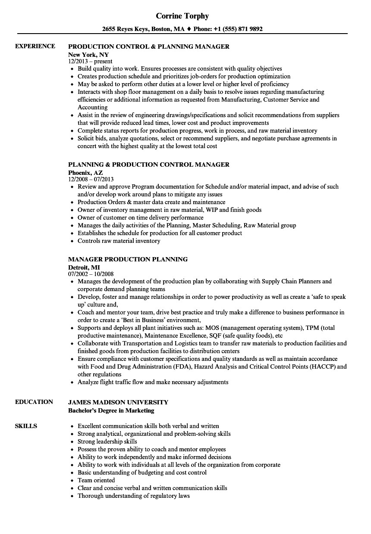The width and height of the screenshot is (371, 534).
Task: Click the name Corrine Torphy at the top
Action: click(x=182, y=16)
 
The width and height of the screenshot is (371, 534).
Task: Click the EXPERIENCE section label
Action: click(x=35, y=46)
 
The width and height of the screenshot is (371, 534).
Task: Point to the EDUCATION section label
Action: click(x=34, y=402)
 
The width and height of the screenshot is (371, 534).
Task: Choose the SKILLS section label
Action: click(x=26, y=426)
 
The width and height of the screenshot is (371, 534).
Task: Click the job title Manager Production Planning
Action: click(x=128, y=259)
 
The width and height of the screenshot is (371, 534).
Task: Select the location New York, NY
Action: click(x=88, y=55)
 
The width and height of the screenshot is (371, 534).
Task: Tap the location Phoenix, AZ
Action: click(x=85, y=172)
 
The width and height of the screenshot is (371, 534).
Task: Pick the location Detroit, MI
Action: click(x=85, y=267)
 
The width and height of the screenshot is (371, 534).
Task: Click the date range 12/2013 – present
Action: click(x=91, y=61)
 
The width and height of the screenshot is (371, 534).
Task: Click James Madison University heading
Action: click(x=118, y=402)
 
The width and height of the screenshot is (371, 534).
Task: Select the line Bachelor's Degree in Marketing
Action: click(x=111, y=410)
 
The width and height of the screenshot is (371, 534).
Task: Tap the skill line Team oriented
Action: click(x=96, y=480)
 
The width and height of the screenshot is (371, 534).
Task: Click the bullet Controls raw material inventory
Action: click(x=119, y=241)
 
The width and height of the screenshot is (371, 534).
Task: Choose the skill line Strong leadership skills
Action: click(x=107, y=441)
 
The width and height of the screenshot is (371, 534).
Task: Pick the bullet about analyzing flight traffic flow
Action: click(x=153, y=382)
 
